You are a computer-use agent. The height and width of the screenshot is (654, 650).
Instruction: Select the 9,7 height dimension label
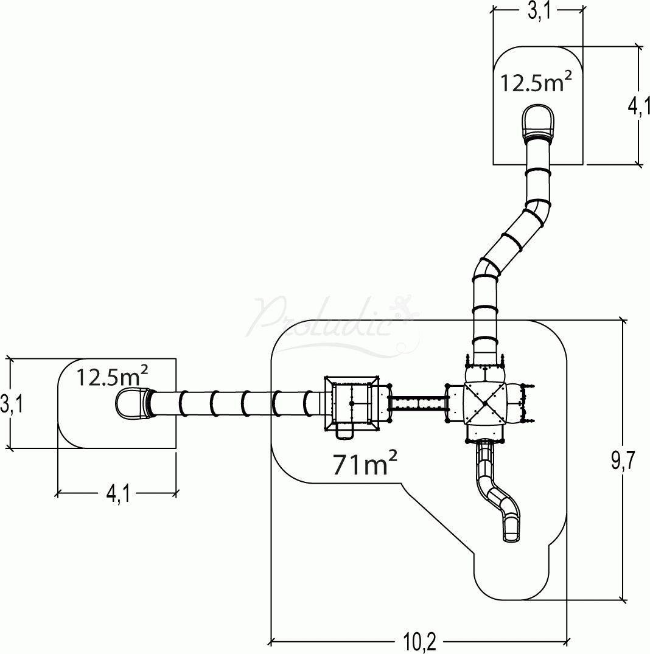[623, 461]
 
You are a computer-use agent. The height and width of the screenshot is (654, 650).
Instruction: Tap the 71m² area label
[365, 464]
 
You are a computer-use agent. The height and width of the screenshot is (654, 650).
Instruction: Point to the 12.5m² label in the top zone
[536, 81]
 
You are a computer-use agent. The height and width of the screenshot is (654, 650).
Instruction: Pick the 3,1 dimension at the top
[539, 12]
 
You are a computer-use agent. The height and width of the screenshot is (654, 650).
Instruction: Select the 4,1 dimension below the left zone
[118, 494]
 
